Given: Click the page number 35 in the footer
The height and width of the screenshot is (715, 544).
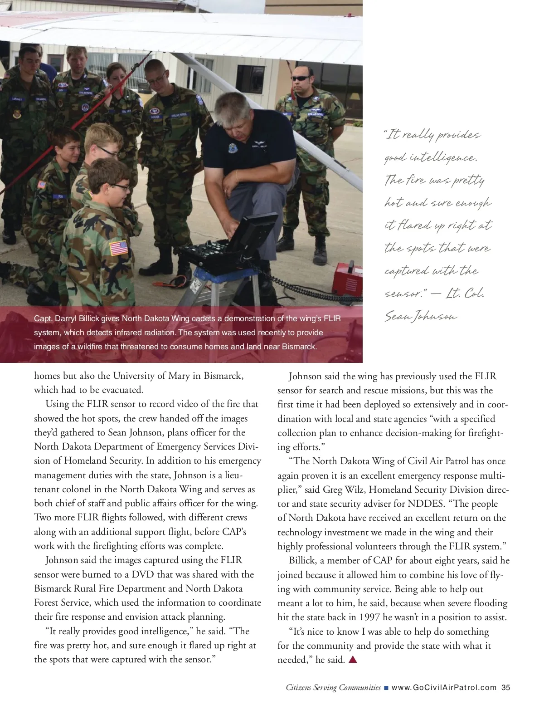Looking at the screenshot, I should pyautogui.click(x=505, y=687).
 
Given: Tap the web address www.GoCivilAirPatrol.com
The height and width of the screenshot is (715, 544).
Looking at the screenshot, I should pyautogui.click(x=444, y=687).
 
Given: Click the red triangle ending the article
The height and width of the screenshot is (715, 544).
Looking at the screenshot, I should pyautogui.click(x=353, y=659).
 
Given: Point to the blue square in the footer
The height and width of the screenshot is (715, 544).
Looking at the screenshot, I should pyautogui.click(x=386, y=688).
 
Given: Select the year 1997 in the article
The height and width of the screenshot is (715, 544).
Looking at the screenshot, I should pyautogui.click(x=370, y=617).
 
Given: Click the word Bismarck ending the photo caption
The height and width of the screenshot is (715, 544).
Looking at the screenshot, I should pyautogui.click(x=299, y=347).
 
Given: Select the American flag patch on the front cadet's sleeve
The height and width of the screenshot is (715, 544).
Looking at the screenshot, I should pyautogui.click(x=118, y=248).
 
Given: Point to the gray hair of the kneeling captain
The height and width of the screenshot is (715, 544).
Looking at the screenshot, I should pyautogui.click(x=232, y=107).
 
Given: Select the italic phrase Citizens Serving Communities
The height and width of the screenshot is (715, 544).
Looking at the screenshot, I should pyautogui.click(x=333, y=687).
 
